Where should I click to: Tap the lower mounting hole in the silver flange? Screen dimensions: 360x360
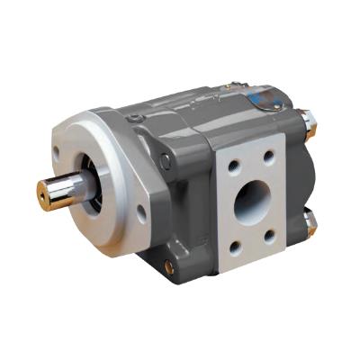click(140, 213)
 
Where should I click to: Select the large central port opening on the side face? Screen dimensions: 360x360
click(251, 204)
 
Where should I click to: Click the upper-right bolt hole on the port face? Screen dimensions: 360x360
click(268, 157)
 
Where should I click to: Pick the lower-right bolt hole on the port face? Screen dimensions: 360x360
click(270, 235)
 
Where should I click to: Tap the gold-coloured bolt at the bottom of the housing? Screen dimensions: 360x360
click(168, 267)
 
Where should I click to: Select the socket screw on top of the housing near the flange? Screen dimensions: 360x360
click(135, 118)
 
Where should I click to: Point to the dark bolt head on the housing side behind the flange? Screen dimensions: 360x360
click(166, 162)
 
